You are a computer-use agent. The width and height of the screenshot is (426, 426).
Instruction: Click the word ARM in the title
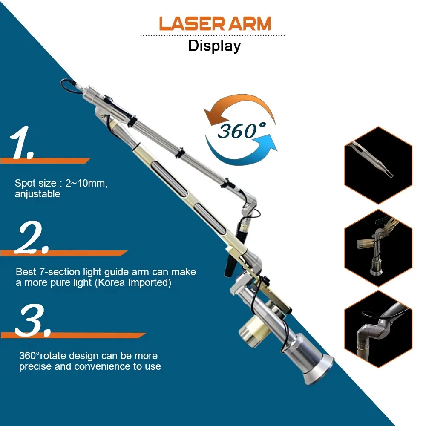click(x=250, y=24)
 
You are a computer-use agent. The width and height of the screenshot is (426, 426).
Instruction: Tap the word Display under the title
click(x=214, y=46)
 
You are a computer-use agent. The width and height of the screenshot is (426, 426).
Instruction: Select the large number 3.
click(x=32, y=319)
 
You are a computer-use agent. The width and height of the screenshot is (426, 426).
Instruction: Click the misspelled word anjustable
click(x=37, y=194)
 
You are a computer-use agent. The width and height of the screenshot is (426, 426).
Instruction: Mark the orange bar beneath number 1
click(x=45, y=161)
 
